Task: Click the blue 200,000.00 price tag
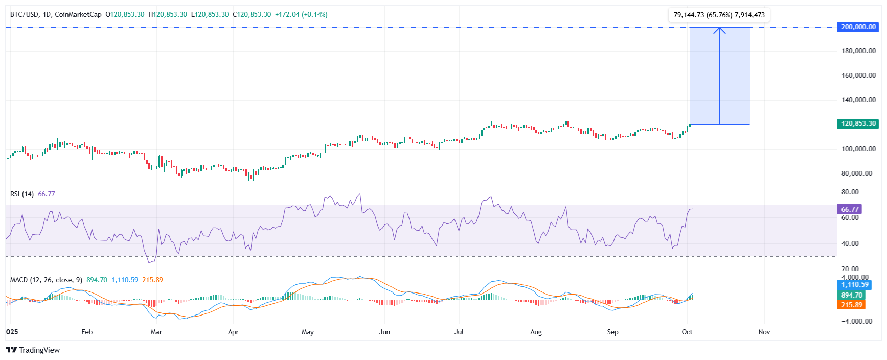pos(858,27)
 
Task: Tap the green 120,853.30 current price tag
pos(858,124)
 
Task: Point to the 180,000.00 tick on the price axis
pos(858,51)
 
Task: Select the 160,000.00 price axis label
pos(858,75)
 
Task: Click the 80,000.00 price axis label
pos(857,173)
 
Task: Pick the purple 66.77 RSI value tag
pos(849,209)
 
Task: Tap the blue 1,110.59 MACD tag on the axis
pos(854,285)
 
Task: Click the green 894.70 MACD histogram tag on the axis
pos(851,295)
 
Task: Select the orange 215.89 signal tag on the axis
pos(851,305)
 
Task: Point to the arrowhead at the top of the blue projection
pos(719,29)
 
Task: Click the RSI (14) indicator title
pos(22,194)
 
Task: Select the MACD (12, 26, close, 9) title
pos(46,280)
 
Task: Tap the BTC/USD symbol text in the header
pos(24,14)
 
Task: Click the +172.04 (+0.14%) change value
pos(301,14)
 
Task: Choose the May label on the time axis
pos(308,332)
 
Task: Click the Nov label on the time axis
pos(764,332)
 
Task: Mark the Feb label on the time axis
pos(87,332)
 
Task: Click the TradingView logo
pos(33,350)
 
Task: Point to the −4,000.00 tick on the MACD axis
pos(856,321)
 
